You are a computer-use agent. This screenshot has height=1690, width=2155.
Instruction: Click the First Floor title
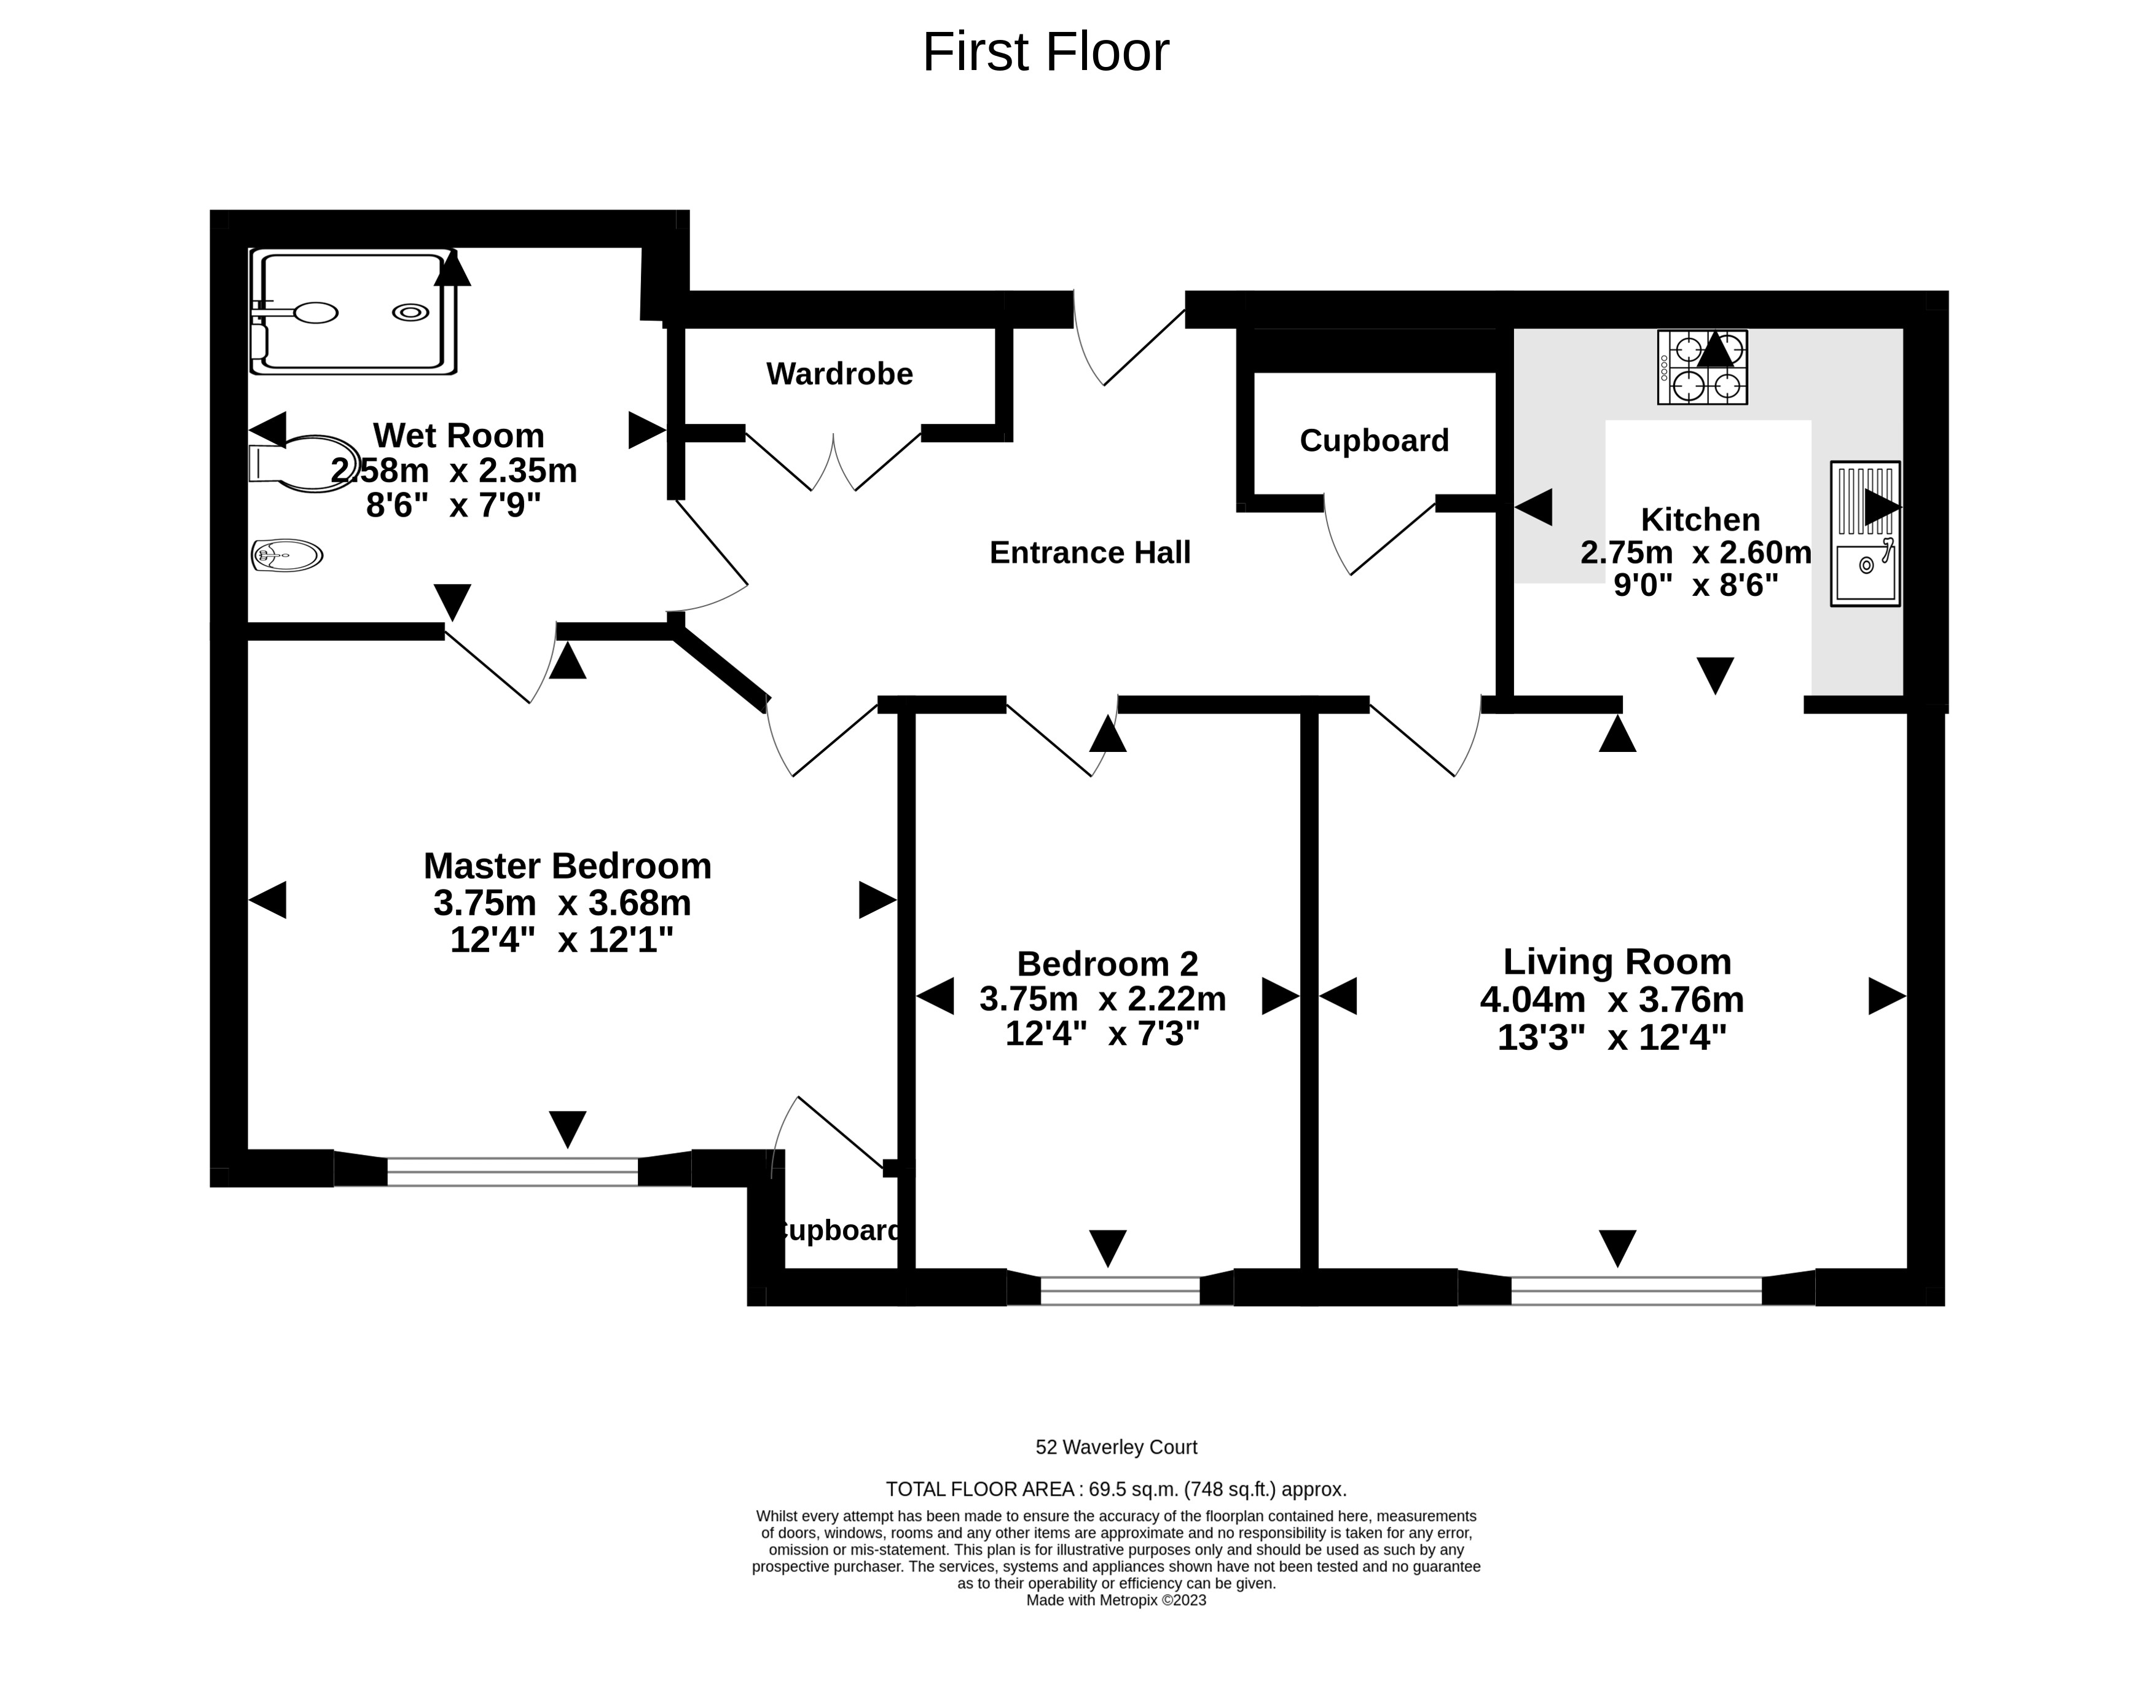click(1046, 52)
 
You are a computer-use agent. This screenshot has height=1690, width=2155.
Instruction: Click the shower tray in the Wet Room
click(353, 311)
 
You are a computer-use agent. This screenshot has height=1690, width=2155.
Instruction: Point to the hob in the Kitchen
click(1702, 367)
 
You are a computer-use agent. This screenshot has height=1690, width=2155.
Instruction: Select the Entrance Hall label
click(1089, 552)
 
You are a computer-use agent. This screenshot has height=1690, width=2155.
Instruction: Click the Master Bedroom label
click(567, 866)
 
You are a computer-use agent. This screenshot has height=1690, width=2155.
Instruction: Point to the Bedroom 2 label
click(1107, 964)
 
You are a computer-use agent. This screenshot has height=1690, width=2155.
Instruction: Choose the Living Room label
click(1617, 962)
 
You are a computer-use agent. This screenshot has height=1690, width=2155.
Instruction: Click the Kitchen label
click(1700, 520)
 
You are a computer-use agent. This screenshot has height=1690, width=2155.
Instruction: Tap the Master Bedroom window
click(512, 1172)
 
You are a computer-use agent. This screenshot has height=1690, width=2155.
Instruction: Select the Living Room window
click(1636, 1290)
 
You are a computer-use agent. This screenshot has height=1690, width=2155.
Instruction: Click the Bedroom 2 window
click(1120, 1290)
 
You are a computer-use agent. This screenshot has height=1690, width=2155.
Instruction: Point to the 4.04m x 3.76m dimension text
click(1612, 1000)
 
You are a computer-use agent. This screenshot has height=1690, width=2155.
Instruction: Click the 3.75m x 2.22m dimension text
click(1102, 1000)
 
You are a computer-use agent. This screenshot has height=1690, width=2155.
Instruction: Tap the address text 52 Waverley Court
click(1116, 1447)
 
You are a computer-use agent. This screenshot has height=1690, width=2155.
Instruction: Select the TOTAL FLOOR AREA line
click(1116, 1489)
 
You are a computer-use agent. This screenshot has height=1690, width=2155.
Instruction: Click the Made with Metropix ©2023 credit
click(1116, 1600)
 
